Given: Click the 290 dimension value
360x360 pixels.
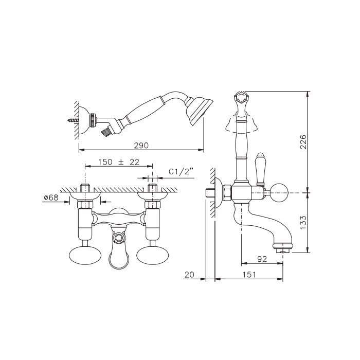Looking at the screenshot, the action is click(141, 146).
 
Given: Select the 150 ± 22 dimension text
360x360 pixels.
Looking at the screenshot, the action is click(119, 162).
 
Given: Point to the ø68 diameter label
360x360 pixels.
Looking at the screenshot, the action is click(51, 197).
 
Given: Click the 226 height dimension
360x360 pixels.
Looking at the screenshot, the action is click(303, 141).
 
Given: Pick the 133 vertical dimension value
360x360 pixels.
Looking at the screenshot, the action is click(303, 222).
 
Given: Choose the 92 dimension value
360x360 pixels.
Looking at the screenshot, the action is click(262, 259).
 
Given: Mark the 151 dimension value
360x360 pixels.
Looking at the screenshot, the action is click(248, 274).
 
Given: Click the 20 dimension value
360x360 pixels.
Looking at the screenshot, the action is click(189, 274).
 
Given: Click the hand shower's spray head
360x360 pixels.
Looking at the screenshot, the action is click(199, 111).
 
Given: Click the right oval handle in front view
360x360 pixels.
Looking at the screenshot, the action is click(152, 254).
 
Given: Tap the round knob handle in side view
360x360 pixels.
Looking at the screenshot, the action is click(279, 192).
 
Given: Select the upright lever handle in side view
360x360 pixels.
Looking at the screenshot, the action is click(260, 169).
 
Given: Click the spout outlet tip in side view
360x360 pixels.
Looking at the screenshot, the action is click(283, 248).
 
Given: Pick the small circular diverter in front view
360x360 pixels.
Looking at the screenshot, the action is click(119, 238).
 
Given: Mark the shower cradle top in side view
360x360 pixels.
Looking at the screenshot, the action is click(241, 98).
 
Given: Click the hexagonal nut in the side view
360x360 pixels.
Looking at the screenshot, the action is click(227, 192).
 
